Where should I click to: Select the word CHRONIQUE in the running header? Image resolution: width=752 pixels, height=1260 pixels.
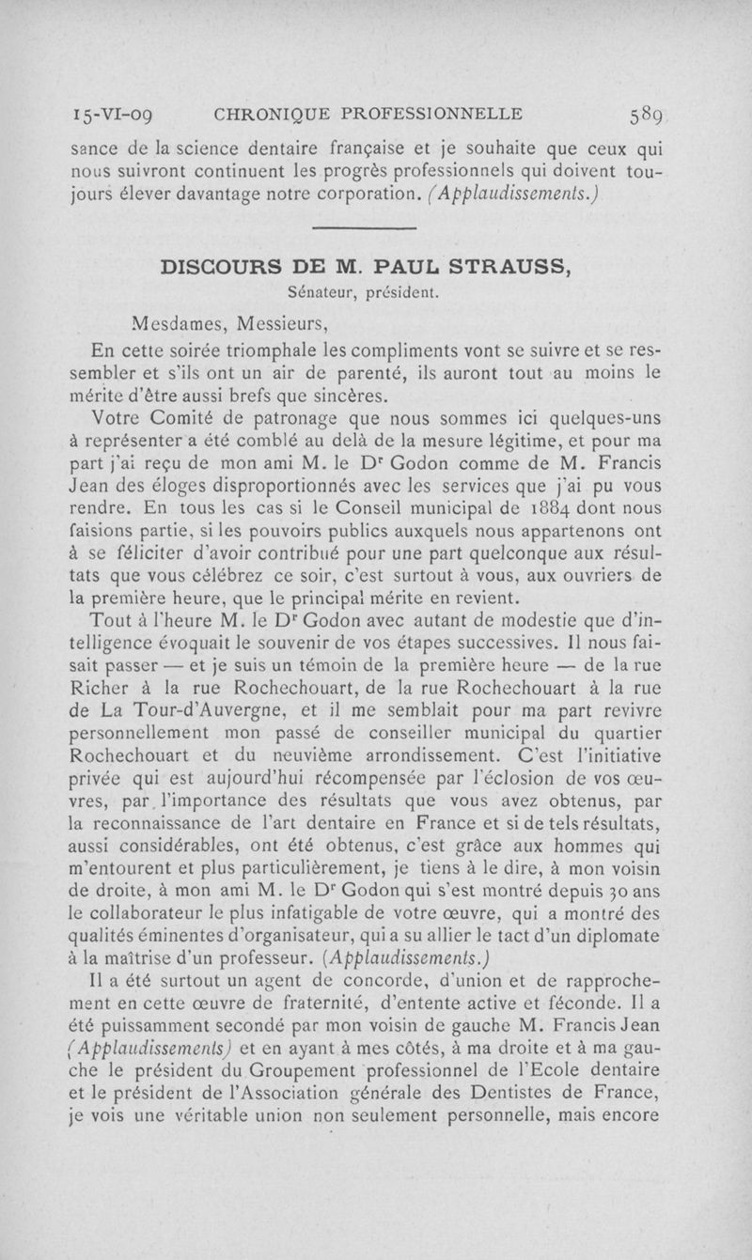[277, 116]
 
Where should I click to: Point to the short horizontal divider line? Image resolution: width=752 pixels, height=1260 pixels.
[363, 228]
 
